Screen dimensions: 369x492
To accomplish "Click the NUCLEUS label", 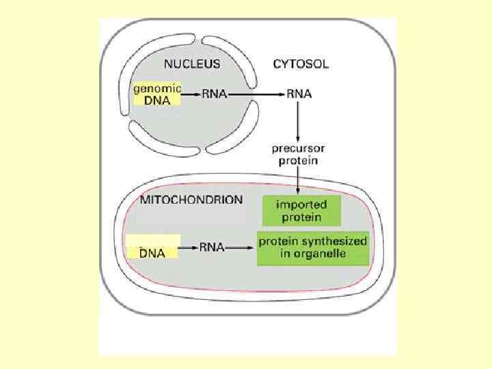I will pyautogui.click(x=192, y=64).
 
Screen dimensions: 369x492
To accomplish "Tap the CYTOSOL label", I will pyautogui.click(x=301, y=65).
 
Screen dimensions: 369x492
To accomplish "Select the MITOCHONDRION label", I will pyautogui.click(x=191, y=200).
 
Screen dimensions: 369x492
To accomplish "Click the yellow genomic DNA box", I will pyautogui.click(x=156, y=94).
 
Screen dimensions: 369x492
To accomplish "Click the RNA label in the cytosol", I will pyautogui.click(x=299, y=94).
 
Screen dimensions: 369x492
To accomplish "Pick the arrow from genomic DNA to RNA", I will pyautogui.click(x=191, y=95).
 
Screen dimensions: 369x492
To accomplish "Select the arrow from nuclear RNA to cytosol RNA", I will pyautogui.click(x=256, y=95).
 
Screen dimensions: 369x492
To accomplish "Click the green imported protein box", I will pyautogui.click(x=301, y=211).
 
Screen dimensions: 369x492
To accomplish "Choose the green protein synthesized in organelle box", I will pyautogui.click(x=312, y=248).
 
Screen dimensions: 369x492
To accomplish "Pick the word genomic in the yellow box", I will pyautogui.click(x=157, y=88).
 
